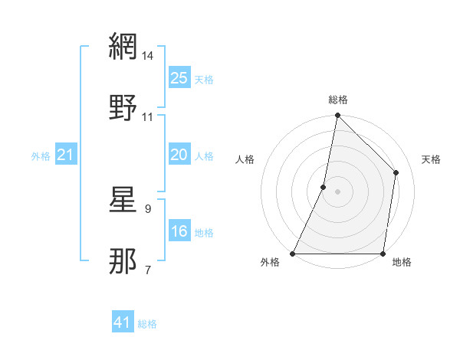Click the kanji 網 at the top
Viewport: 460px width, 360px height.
(x=123, y=47)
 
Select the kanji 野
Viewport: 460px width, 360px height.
(x=123, y=107)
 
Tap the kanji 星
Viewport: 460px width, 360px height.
(x=123, y=200)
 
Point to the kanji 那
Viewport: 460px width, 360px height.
(x=123, y=260)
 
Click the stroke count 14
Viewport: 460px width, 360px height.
(x=148, y=56)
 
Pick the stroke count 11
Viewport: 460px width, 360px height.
(x=148, y=117)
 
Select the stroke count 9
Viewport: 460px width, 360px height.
(x=148, y=208)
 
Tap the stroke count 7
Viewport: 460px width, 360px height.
(x=148, y=270)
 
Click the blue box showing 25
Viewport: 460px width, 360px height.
(x=179, y=78)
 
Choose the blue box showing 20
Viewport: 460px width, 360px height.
(x=179, y=155)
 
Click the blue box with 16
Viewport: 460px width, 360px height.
(x=179, y=231)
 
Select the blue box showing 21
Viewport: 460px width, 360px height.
(x=65, y=155)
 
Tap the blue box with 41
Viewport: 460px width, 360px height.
(x=122, y=322)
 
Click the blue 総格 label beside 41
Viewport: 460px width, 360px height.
(x=147, y=324)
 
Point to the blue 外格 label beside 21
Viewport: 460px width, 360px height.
(x=41, y=156)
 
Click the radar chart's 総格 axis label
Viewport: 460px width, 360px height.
(x=338, y=100)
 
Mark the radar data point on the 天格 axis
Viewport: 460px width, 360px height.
(x=396, y=172)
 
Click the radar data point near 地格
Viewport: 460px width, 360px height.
(x=383, y=254)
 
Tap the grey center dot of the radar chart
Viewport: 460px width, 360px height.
(x=337, y=191)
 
